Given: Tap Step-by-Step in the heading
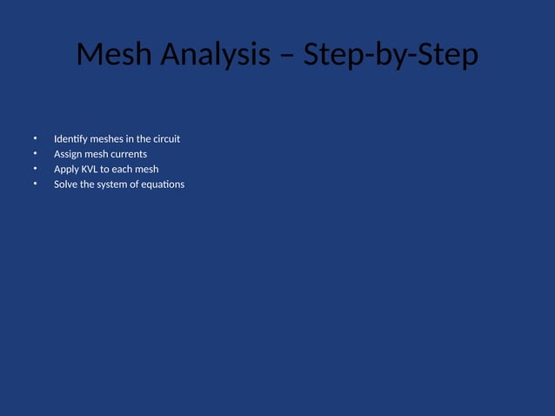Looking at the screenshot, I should coord(391,55).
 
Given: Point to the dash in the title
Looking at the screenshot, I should coord(290,57).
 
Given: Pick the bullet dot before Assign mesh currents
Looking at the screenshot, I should coord(36,154).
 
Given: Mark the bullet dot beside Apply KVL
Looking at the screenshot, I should coord(36,169).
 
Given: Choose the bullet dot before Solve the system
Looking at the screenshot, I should coord(36,184).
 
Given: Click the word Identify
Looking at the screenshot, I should coord(70,139).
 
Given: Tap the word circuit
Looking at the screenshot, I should coord(166,139).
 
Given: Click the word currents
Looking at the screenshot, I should coord(129,154).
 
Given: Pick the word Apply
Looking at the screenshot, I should coord(66,169).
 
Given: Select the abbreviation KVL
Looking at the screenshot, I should coord(90,169).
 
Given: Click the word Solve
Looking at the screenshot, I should coord(65,184).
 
